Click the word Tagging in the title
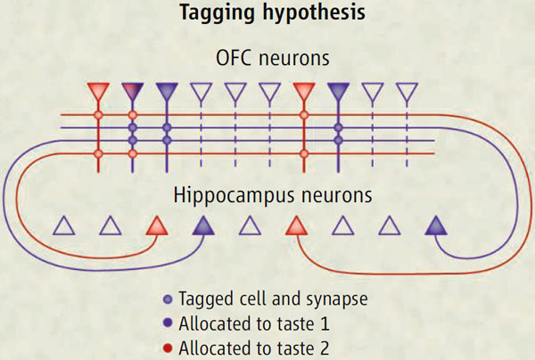(213, 15)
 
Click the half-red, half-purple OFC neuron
(132, 92)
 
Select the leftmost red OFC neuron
(98, 92)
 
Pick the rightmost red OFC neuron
(304, 92)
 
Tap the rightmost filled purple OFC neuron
(338, 92)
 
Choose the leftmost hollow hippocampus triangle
(63, 225)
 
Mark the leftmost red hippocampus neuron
(156, 225)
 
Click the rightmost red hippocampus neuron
(295, 225)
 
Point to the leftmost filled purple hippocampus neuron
(202, 225)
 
